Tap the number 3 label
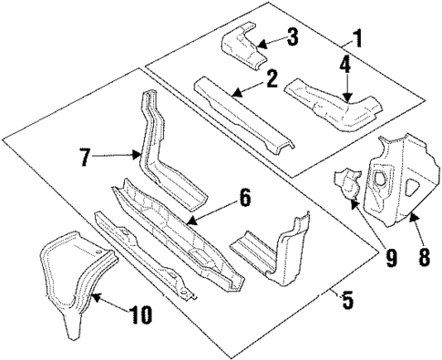pos(292,37)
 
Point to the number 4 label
pos(346,65)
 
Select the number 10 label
pos(139,315)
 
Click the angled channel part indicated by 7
pos(159,155)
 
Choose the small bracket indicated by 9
pos(347,183)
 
